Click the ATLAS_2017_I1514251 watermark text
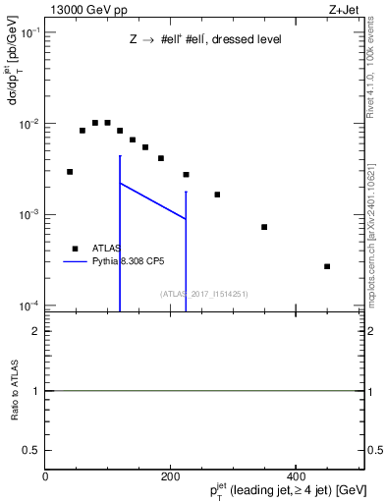[x=205, y=294]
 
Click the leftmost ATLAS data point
[x=70, y=171]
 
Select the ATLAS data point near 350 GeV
[x=264, y=227]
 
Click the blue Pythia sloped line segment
[x=152, y=200]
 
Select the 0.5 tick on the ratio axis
[x=34, y=449]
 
